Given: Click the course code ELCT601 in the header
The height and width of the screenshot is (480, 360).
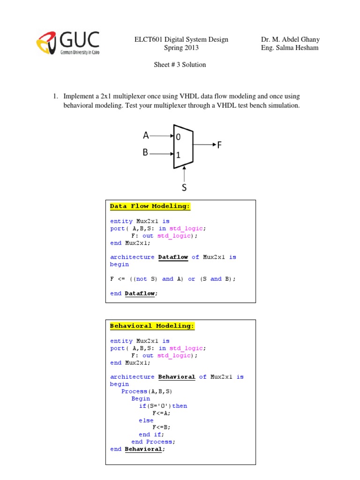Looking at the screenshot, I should click(x=146, y=39).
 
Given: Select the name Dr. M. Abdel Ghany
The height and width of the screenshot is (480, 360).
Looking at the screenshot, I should click(x=290, y=39).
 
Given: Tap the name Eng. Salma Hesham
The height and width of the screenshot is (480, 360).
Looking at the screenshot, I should click(x=290, y=48).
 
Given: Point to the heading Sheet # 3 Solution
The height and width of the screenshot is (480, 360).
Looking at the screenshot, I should click(x=180, y=65).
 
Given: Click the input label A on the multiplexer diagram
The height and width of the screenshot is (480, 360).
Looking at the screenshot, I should click(x=146, y=136).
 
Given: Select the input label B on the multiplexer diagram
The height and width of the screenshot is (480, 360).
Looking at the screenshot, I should click(x=146, y=152).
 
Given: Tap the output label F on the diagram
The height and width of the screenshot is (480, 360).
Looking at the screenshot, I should click(x=219, y=145).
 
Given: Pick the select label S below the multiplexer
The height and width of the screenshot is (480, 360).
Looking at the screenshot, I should click(x=184, y=187).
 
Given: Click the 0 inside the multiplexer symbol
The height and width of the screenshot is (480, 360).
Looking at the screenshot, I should click(x=178, y=137).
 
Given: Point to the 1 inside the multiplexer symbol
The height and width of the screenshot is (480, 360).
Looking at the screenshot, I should click(x=178, y=154).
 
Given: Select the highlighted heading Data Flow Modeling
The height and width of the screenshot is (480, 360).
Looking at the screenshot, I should click(x=150, y=206).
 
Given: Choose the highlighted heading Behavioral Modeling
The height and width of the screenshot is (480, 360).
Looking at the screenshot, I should click(x=152, y=326).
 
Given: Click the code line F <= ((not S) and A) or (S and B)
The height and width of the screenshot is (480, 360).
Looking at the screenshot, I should click(x=173, y=279).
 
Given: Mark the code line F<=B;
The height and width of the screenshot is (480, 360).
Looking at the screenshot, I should click(x=161, y=427).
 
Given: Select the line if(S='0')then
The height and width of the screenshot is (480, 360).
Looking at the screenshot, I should click(x=163, y=406).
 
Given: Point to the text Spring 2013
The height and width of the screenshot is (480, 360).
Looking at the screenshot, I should click(x=181, y=48).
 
